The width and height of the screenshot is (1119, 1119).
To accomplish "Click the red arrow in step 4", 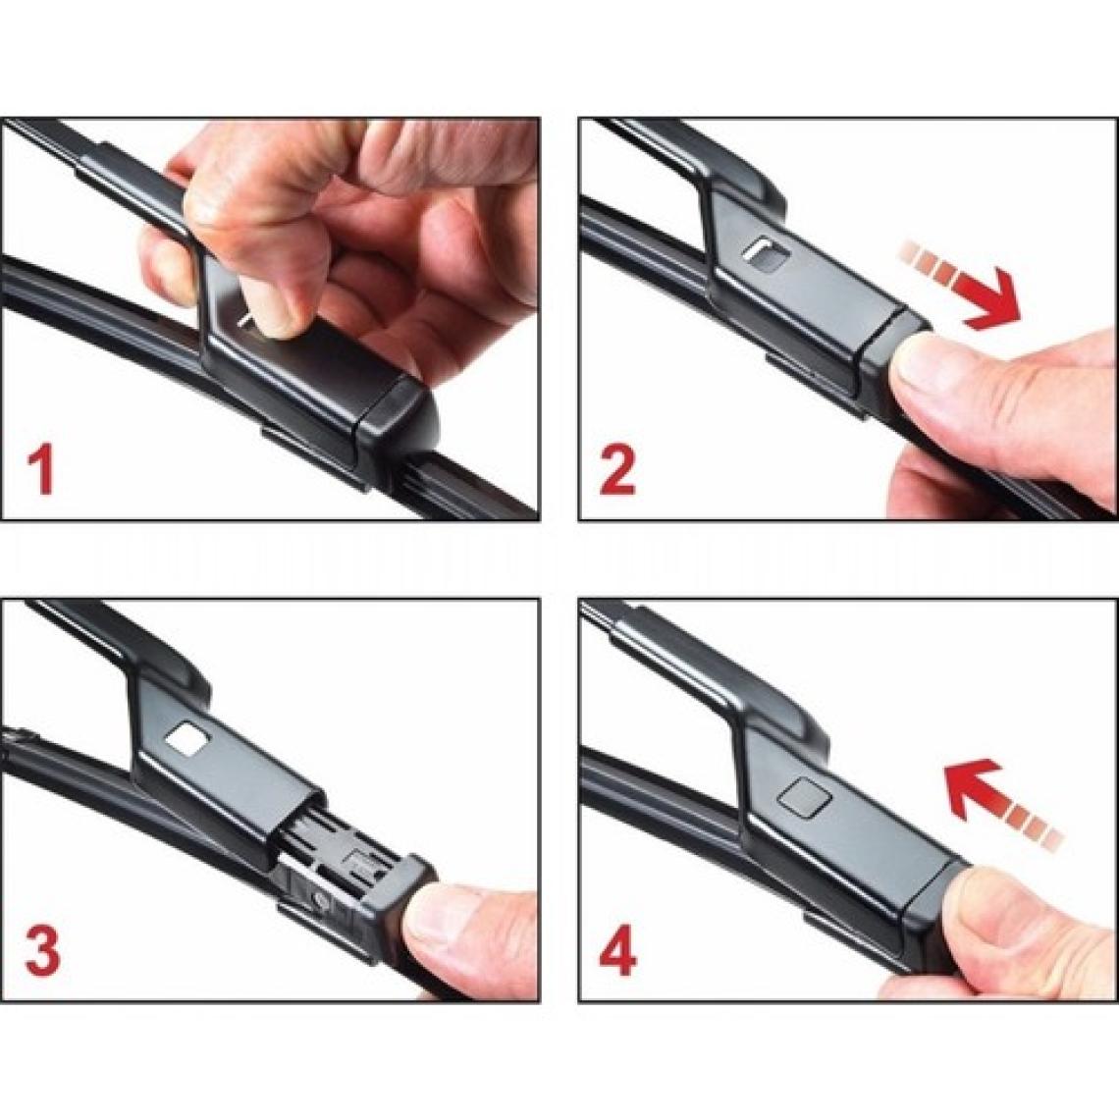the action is (1002, 803).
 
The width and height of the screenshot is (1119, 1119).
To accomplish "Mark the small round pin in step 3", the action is (319, 901).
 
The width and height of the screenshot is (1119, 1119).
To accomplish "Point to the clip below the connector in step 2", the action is (814, 382).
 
